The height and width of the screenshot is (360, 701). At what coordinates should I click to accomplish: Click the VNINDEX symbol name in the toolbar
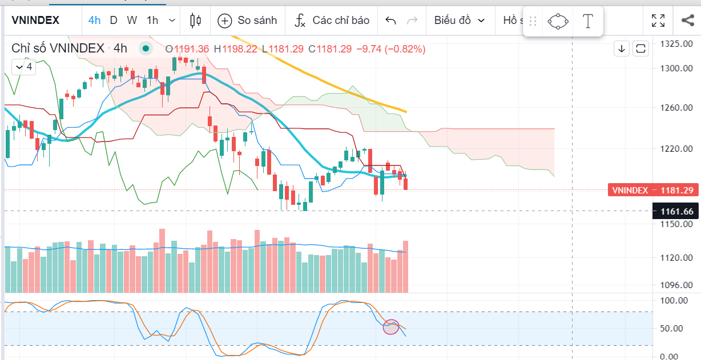tap(35, 21)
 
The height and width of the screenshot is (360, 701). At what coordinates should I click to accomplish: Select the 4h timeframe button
tap(94, 21)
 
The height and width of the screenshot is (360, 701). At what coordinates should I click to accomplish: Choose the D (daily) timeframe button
tap(114, 21)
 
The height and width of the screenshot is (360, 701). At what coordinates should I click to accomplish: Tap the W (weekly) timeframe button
tap(132, 21)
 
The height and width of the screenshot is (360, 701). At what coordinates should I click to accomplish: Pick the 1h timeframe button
tap(152, 21)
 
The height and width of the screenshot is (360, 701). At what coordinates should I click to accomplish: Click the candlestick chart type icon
tap(195, 21)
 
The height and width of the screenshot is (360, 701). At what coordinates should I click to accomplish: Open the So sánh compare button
tap(248, 21)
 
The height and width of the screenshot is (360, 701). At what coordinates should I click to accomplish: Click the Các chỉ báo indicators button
tap(332, 21)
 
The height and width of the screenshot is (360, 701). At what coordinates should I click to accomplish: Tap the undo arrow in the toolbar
tap(391, 21)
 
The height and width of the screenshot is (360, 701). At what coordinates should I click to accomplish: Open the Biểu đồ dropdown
tap(460, 21)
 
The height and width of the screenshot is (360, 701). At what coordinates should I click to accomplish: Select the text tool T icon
tap(587, 22)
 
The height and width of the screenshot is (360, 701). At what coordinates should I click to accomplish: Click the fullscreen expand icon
tap(658, 21)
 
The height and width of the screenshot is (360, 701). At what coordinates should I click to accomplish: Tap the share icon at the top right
tap(687, 21)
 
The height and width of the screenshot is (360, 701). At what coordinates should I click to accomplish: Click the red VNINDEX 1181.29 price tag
tap(653, 190)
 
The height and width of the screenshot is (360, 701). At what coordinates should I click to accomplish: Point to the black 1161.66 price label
tap(676, 212)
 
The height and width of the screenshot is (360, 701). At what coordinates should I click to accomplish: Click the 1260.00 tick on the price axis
tap(676, 108)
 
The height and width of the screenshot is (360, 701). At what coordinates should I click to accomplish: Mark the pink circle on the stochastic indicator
tap(391, 327)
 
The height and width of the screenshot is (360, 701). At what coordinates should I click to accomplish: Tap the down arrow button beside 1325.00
tap(621, 48)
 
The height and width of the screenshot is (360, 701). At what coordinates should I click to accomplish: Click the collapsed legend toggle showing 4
tap(24, 67)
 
